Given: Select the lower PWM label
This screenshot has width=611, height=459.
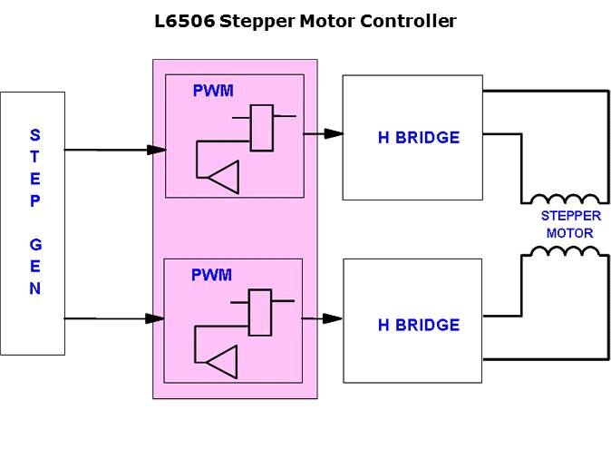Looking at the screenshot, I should coord(211,275).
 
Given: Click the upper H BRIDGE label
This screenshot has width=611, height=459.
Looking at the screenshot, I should coord(418,138).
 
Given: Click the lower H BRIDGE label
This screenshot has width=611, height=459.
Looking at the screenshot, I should coord(418,325).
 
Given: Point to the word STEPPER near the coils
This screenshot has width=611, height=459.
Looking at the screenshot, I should coord(569,216).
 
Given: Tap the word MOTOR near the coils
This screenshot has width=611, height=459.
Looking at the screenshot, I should coord(569,233).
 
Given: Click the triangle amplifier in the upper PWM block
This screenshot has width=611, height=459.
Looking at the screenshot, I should coord(224,177).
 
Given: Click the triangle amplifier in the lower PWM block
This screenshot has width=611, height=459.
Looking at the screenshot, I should coord(222,364).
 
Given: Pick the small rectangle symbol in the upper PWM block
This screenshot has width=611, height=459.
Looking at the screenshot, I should coord(262,128).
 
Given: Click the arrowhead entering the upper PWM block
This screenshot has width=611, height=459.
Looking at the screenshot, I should coord(156,150).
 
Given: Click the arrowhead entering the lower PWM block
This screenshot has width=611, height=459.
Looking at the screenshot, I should coord(154,318).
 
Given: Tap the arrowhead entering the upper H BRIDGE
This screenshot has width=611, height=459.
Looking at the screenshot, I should coord(333,133).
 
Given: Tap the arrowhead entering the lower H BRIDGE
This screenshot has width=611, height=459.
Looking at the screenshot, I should coord(333,318).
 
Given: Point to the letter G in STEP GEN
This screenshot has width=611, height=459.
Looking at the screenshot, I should coord(34,245).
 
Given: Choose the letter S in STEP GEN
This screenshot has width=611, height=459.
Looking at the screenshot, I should coord(34,135).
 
